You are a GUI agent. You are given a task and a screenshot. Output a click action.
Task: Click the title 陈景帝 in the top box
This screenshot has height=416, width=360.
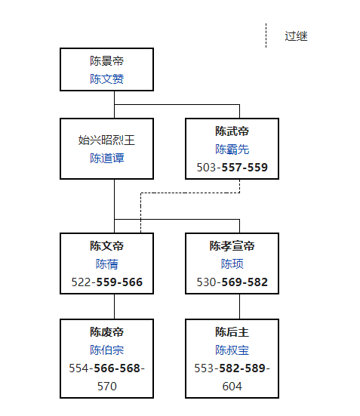click(106, 61)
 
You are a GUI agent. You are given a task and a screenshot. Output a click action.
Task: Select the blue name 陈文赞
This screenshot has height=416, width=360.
click(106, 79)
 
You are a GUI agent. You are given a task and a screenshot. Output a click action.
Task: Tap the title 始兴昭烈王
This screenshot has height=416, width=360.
click(106, 140)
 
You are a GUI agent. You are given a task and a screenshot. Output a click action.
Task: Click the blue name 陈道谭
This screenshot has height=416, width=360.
click(106, 158)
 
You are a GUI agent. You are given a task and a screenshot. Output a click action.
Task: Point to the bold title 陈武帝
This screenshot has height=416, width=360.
click(232, 131)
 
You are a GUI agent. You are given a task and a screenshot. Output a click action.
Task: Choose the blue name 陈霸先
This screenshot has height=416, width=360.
click(232, 149)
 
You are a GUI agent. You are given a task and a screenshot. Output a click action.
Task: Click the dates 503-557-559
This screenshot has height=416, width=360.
click(232, 167)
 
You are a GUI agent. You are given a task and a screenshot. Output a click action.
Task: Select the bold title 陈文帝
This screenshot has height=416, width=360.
click(106, 246)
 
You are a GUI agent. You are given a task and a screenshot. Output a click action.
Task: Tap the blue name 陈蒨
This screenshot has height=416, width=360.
click(106, 264)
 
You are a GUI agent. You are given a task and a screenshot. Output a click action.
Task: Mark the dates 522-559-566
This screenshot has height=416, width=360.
click(106, 282)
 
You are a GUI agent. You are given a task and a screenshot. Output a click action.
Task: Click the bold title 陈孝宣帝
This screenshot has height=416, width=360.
click(232, 246)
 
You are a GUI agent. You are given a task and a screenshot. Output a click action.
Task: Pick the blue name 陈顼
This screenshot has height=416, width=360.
click(232, 264)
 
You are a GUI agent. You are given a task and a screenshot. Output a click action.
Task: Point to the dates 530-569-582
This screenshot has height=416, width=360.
click(232, 282)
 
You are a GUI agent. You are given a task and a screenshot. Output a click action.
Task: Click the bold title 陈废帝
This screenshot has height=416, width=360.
click(106, 332)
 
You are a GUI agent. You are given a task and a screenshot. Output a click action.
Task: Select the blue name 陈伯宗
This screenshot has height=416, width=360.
click(106, 350)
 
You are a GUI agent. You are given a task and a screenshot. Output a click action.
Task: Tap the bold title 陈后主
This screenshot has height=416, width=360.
click(232, 332)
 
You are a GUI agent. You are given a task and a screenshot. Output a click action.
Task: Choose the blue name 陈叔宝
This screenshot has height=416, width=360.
click(232, 350)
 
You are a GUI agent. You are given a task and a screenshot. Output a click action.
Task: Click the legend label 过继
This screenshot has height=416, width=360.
click(296, 35)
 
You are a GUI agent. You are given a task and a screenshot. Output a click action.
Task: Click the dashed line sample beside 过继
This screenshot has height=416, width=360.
click(266, 35)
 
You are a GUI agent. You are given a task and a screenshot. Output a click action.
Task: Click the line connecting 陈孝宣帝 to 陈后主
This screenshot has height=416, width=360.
click(239, 306)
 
